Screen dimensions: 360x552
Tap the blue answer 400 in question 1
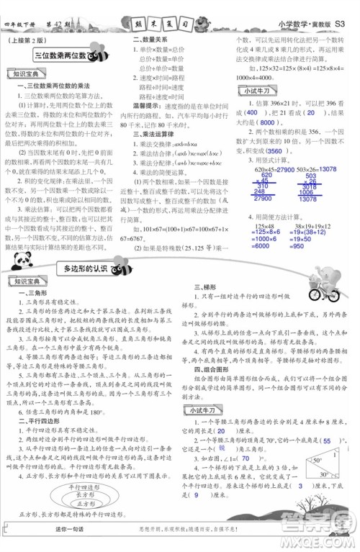(251, 114)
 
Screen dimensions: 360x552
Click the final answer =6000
(256, 246)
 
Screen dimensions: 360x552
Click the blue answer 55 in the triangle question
(328, 440)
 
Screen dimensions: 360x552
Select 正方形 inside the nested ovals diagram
(86, 508)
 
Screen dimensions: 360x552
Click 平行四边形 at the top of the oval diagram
(86, 487)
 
